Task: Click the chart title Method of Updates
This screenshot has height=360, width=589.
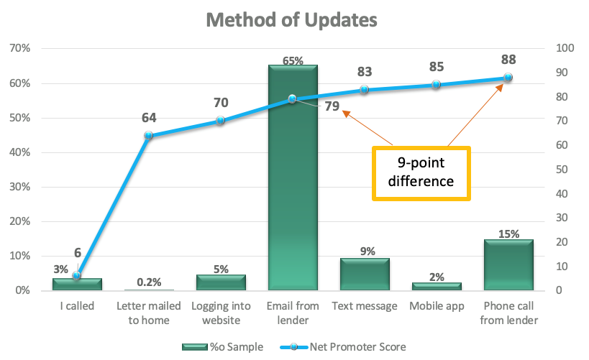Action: [x=291, y=20]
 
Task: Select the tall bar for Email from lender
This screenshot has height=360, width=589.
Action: [x=293, y=177]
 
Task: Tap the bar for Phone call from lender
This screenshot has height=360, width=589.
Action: [x=508, y=264]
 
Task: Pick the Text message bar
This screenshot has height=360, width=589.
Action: [x=365, y=274]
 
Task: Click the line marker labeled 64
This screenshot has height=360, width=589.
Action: [x=149, y=135]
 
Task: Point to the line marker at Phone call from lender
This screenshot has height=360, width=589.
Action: [x=508, y=78]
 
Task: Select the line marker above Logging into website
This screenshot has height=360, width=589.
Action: [x=221, y=121]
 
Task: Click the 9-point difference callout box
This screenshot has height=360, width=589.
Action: [x=421, y=173]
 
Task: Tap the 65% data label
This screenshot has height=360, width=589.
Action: [x=293, y=60]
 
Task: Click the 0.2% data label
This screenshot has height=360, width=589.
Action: [x=149, y=282]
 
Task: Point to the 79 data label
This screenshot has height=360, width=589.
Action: [x=332, y=106]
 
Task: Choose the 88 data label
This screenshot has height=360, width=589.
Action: [x=508, y=60]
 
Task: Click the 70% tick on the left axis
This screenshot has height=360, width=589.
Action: [x=20, y=48]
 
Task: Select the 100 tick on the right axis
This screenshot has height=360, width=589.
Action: [x=565, y=48]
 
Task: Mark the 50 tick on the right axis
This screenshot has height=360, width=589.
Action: [x=562, y=170]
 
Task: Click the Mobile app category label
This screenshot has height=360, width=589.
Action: [x=437, y=306]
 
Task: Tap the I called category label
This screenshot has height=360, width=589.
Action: [x=77, y=306]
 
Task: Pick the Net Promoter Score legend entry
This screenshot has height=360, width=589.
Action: [x=343, y=347]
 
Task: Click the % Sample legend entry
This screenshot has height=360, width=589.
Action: [x=222, y=347]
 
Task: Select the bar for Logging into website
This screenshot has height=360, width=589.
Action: [x=221, y=282]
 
